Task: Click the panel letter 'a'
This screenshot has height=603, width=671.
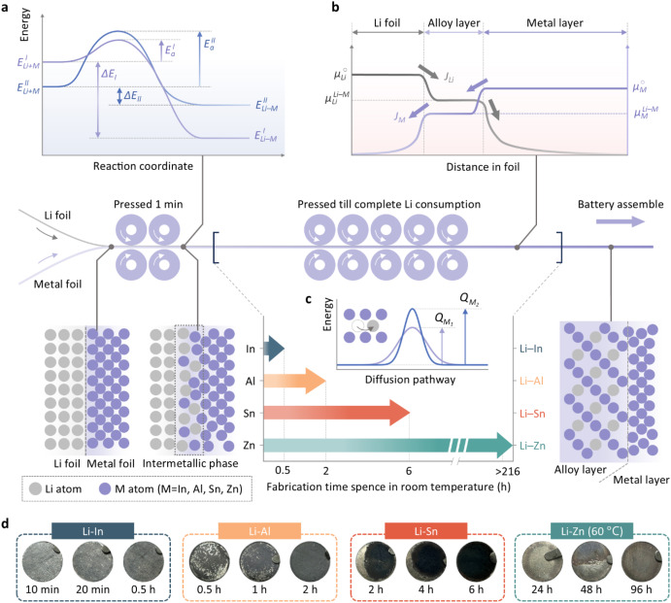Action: (x=6, y=7)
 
